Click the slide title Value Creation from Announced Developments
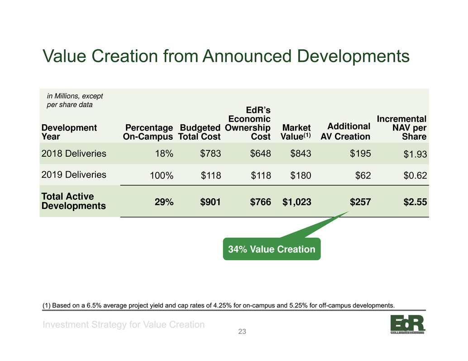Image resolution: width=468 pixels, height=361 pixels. click(226, 56)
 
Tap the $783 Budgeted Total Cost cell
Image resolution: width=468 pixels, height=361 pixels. click(210, 154)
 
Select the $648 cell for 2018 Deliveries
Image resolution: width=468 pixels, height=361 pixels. click(261, 154)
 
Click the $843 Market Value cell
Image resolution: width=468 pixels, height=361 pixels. click(301, 154)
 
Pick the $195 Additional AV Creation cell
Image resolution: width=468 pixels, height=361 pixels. click(361, 154)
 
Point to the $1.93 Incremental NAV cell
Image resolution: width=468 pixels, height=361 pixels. click(415, 154)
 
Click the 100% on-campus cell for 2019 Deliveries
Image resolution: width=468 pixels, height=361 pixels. click(162, 175)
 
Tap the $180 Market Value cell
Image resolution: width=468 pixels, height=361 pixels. click(301, 175)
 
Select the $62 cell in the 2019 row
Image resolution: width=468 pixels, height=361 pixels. click(363, 175)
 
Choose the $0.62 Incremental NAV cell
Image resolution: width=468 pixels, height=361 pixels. click(415, 175)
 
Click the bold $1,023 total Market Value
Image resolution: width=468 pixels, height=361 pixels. click(296, 202)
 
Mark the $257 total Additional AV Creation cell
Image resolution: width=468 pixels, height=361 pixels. click(361, 202)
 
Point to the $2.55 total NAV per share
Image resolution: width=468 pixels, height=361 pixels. click(415, 202)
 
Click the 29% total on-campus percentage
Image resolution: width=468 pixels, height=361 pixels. click(164, 202)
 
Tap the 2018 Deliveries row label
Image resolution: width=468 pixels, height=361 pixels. click(74, 154)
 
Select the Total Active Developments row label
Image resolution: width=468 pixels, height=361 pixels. click(73, 201)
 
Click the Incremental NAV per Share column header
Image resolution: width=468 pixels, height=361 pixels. click(401, 128)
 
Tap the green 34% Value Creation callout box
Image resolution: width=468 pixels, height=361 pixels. click(272, 248)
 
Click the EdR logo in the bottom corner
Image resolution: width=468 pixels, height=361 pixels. click(408, 324)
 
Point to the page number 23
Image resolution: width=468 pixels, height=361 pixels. click(242, 332)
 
